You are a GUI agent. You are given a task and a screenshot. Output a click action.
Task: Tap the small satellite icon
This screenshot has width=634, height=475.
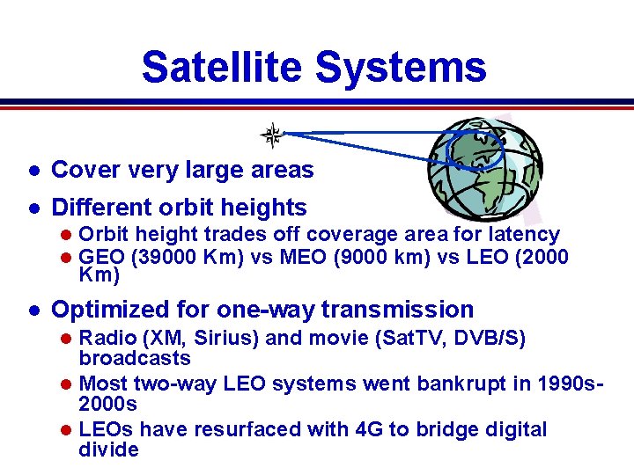pos(273,135)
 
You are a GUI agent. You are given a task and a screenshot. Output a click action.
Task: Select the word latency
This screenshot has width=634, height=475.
pos(526,234)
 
